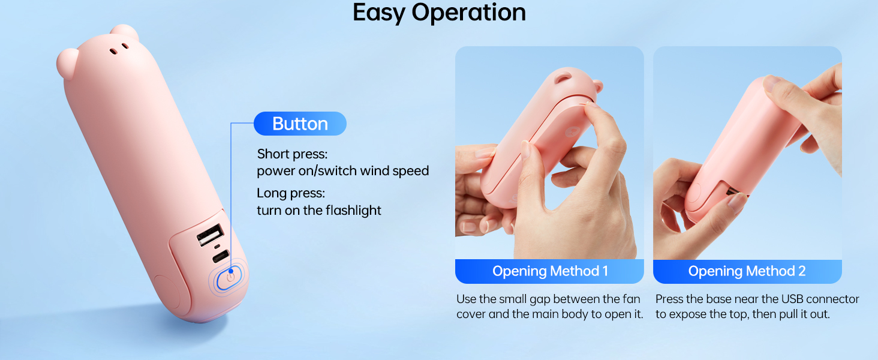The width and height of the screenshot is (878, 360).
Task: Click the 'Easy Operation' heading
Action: point(439,13)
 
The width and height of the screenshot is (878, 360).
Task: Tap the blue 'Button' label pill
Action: point(300,124)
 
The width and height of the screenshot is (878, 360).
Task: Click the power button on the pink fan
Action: point(229,278)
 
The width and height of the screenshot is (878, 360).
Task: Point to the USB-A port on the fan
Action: point(209,234)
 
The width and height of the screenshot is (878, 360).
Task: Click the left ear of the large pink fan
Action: point(67,60)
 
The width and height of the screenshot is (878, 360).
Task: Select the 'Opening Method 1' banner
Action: point(549,271)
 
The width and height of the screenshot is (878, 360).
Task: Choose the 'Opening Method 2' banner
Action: point(747,271)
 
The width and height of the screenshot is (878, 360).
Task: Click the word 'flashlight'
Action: point(353,210)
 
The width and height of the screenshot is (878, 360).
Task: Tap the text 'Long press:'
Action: point(290,193)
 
